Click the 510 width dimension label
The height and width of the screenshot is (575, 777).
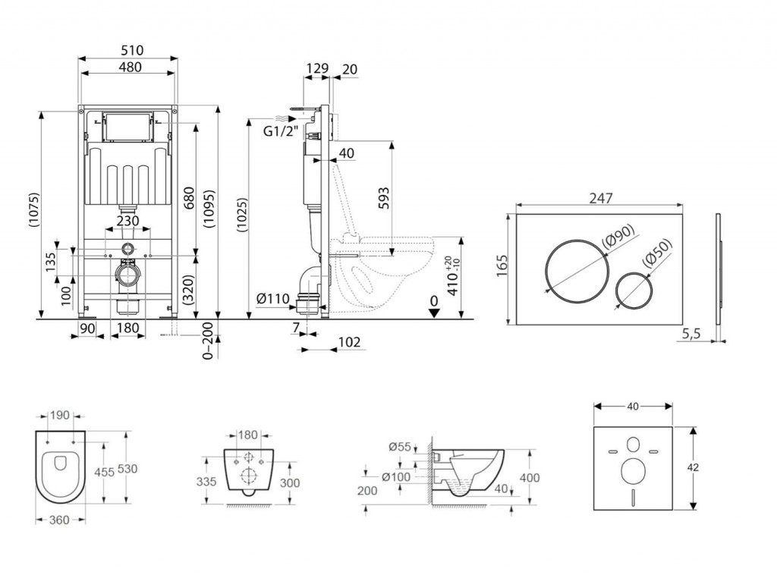(x=127, y=51)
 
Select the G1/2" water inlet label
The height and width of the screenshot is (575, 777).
(x=278, y=130)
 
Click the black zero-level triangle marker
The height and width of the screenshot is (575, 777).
(x=433, y=313)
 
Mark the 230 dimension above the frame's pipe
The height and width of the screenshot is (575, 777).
(x=127, y=221)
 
